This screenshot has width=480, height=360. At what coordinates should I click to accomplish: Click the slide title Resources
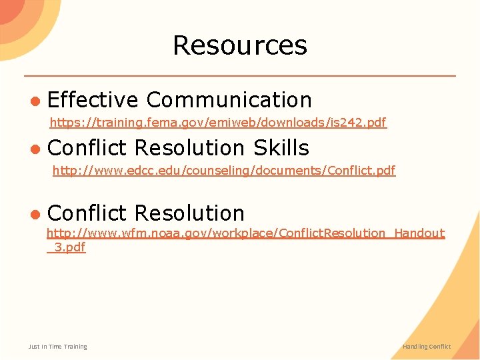[x=240, y=45]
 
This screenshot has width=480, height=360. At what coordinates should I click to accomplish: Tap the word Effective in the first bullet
[x=93, y=100]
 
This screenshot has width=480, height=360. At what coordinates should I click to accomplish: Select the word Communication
[x=229, y=100]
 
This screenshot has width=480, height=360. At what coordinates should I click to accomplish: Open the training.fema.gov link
[x=218, y=123]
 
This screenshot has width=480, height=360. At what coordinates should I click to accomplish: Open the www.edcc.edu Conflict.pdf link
[x=224, y=171]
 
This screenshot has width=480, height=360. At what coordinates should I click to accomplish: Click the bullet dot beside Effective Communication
[x=35, y=101]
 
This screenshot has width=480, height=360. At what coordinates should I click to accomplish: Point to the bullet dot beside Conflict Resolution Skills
[x=35, y=148]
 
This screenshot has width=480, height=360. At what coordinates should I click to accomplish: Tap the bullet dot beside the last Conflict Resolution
[x=35, y=213]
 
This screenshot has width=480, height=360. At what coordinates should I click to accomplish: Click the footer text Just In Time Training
[x=58, y=347]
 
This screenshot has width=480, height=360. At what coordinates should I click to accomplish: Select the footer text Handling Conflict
[x=427, y=347]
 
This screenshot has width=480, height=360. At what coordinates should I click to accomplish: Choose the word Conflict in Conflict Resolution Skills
[x=87, y=147]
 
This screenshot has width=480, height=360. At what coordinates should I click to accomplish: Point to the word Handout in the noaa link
[x=419, y=233]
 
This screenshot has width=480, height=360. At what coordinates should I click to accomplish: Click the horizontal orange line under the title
[x=240, y=75]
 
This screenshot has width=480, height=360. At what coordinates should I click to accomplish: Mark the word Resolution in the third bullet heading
[x=190, y=213]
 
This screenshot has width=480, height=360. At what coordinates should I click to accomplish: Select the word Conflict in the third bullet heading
[x=87, y=213]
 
